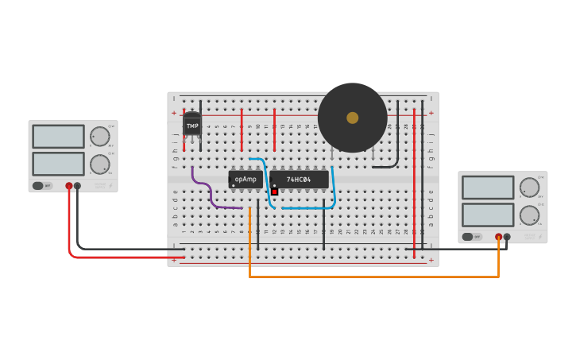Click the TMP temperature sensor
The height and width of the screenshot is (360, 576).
point(192,125)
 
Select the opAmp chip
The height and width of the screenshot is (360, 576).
point(245,179)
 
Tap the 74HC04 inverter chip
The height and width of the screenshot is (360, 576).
point(299,180)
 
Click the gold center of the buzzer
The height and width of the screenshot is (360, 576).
point(352,118)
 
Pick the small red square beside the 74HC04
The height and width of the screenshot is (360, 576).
point(274,192)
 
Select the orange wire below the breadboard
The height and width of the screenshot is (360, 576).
point(373,277)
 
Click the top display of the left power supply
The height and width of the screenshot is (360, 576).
point(58,137)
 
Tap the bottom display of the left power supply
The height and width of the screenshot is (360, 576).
point(58,164)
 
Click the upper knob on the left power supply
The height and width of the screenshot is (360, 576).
point(99,137)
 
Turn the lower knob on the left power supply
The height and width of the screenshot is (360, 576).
point(99,165)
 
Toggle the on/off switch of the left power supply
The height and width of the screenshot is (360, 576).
point(43,186)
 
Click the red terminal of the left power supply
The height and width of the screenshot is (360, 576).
point(69,186)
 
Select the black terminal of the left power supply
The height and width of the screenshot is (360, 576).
point(77,186)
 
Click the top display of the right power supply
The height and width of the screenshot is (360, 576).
point(488,188)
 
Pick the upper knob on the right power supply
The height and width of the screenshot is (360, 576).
point(529,188)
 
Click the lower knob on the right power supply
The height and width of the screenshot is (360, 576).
point(529,215)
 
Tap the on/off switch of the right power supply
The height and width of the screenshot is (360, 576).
point(473,237)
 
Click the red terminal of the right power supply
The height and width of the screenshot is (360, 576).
point(499,237)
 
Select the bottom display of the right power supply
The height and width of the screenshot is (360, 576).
point(488,215)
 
